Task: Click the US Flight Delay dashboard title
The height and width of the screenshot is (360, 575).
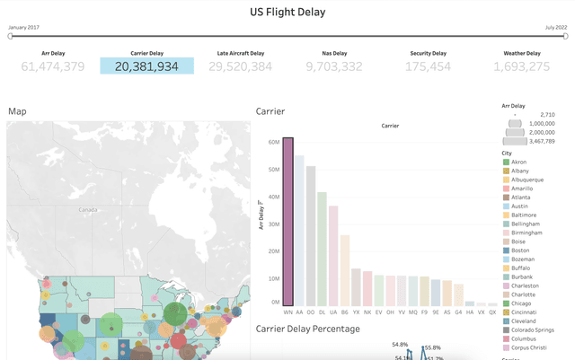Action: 287,13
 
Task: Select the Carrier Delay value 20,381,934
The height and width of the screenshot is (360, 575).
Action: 146,66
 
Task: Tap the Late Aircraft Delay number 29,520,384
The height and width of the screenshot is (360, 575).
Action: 240,66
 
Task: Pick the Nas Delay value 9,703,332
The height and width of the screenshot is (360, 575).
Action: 334,66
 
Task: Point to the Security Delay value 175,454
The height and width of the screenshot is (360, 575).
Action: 428,66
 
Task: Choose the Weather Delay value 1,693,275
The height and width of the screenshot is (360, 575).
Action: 521,66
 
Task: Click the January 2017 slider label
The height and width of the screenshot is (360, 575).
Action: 23,28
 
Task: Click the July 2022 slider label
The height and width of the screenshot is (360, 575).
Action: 555,28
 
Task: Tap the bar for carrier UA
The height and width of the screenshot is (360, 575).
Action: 333,256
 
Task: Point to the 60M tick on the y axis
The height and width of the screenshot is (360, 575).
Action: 272,142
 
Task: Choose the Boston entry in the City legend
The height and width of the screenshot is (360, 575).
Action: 526,250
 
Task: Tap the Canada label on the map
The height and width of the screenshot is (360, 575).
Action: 87,209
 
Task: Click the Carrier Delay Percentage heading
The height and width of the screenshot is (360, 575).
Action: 307,329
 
